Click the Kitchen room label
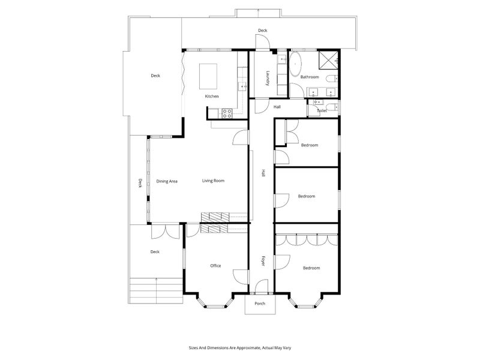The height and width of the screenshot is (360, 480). pos(212,97)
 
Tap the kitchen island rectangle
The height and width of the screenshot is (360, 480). pos(208,76)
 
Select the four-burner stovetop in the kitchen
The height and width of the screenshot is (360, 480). pos(227,113)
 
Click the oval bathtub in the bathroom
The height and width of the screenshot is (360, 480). pos(296,64)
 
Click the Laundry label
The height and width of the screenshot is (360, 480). pos(268,78)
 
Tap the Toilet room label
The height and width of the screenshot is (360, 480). pos(322,111)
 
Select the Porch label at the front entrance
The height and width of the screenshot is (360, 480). pos(260,304)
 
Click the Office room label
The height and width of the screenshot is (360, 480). pos(215,266)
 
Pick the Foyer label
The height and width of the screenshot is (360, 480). pos(263,260)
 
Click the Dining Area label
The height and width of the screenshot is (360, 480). pos(167,181)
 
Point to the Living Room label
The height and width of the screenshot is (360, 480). pos(214,181)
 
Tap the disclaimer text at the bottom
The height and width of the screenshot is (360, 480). pos(240,348)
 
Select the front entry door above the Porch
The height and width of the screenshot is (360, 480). pos(262,287)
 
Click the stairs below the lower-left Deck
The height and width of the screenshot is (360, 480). pos(156,291)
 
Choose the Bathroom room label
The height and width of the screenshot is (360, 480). pos(310,77)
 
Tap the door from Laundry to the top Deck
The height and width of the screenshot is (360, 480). pos(263,42)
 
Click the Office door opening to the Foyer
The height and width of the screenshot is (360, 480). pos(241,277)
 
